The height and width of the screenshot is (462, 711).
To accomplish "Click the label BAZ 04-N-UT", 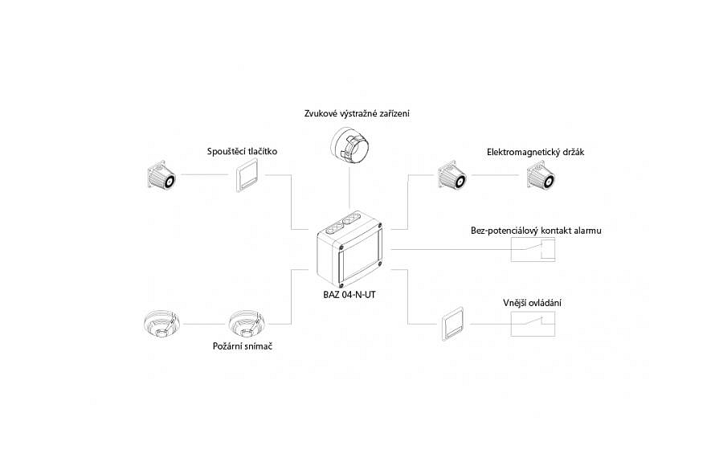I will pos(344,295).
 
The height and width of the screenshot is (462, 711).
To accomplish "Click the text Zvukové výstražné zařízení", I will pos(357,113).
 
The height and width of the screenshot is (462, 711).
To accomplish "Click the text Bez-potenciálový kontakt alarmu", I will pos(536,231).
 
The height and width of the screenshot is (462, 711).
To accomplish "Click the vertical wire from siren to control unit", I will pos(349,193).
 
